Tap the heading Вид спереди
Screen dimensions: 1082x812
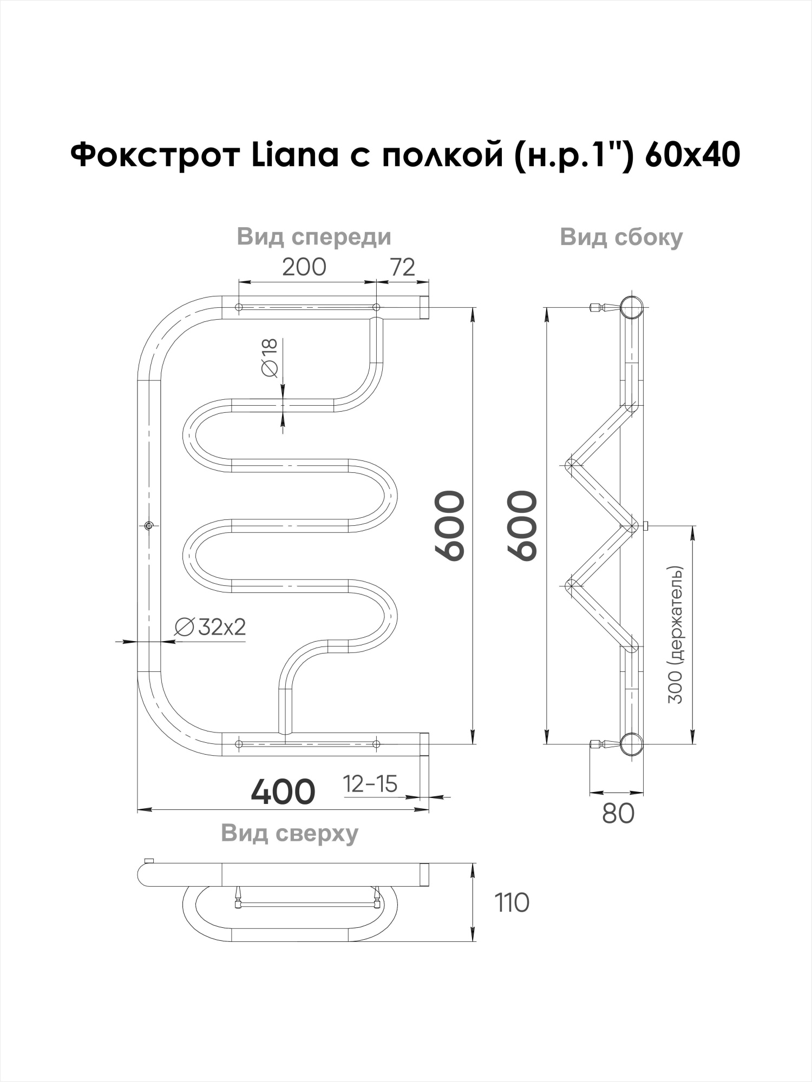click(x=313, y=237)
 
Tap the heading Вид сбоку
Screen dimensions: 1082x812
click(x=621, y=237)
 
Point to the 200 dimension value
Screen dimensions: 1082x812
click(x=304, y=267)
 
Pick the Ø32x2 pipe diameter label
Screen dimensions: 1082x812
click(x=210, y=627)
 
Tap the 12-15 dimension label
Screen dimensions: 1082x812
click(x=370, y=784)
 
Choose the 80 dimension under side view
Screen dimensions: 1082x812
click(x=617, y=813)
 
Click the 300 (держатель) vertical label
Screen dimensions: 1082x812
click(x=676, y=635)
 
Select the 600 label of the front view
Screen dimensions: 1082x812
click(x=450, y=525)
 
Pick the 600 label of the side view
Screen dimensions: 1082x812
click(x=522, y=525)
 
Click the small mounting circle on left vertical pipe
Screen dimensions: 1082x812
click(x=149, y=525)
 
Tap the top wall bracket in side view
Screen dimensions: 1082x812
click(x=601, y=308)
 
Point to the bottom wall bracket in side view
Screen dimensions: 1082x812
click(x=601, y=744)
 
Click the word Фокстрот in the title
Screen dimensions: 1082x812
click(x=155, y=155)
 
